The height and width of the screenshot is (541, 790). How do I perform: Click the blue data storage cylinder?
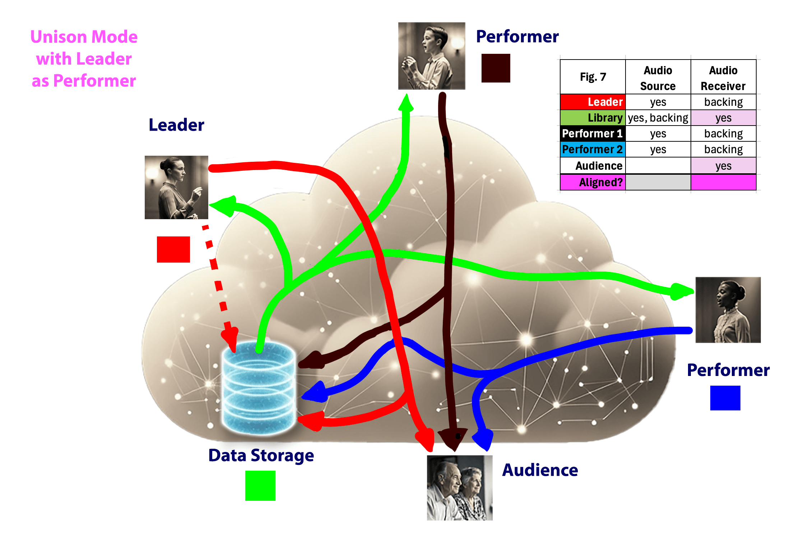point(259,387)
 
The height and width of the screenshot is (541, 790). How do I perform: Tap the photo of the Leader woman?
point(176,187)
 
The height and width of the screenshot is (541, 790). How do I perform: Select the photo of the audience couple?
point(460,488)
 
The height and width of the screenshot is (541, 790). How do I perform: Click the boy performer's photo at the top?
point(432,56)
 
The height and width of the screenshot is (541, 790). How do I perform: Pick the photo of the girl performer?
point(728,310)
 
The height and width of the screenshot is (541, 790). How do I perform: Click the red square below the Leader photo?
point(173,249)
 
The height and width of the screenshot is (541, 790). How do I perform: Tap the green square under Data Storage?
point(260,485)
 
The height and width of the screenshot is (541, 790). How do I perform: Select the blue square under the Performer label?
point(725,398)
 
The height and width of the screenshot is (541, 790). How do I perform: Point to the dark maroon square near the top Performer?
point(496,68)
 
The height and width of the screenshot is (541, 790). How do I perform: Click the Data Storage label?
point(261,455)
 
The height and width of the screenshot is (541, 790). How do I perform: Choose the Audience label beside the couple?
point(540,470)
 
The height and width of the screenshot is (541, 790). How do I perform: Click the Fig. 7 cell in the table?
point(593,77)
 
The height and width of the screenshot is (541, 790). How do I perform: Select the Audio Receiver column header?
point(723,78)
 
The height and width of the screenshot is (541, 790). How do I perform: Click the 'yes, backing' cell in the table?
point(658,118)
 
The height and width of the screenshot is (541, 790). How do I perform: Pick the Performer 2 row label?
point(593,149)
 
